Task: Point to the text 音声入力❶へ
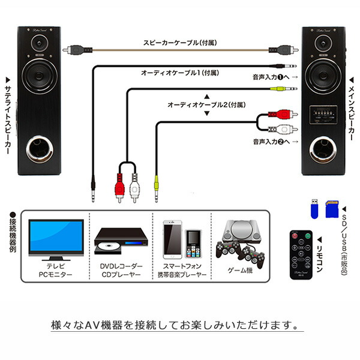274,77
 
